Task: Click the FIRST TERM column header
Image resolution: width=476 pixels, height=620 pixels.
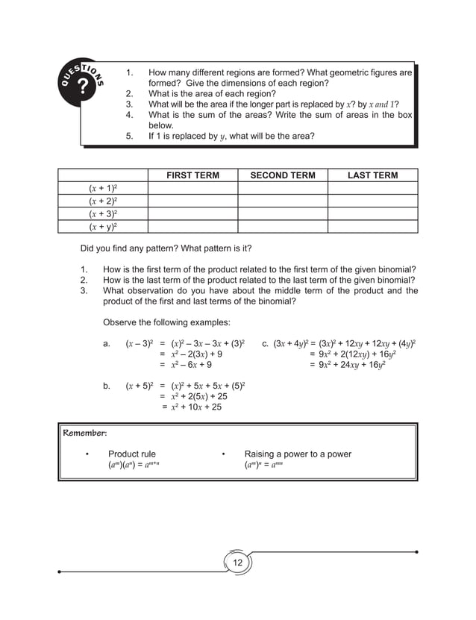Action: tap(192, 175)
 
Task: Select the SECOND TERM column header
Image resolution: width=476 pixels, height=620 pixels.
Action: tap(282, 175)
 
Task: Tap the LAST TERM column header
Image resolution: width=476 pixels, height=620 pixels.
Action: tap(372, 175)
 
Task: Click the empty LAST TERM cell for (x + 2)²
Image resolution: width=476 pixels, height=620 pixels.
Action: tap(372, 201)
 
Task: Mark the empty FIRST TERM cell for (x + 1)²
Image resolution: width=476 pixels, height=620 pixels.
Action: tap(192, 189)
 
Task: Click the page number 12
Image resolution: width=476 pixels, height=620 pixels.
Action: tap(238, 562)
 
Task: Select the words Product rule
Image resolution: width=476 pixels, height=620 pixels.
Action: tap(132, 454)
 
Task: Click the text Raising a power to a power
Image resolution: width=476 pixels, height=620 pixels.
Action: tap(297, 454)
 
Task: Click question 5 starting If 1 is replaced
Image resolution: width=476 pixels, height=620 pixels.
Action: tap(231, 137)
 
